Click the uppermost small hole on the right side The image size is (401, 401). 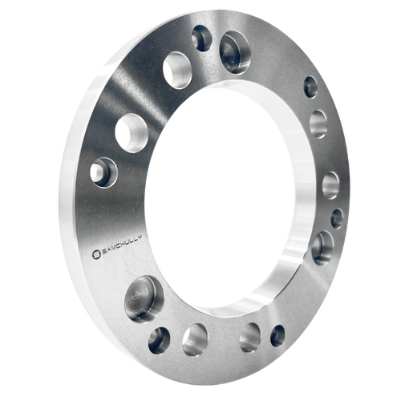(x=310, y=86)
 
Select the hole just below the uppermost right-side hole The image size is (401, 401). (x=318, y=122)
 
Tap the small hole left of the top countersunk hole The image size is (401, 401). (x=202, y=36)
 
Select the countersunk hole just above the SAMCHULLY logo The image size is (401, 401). (x=101, y=172)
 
